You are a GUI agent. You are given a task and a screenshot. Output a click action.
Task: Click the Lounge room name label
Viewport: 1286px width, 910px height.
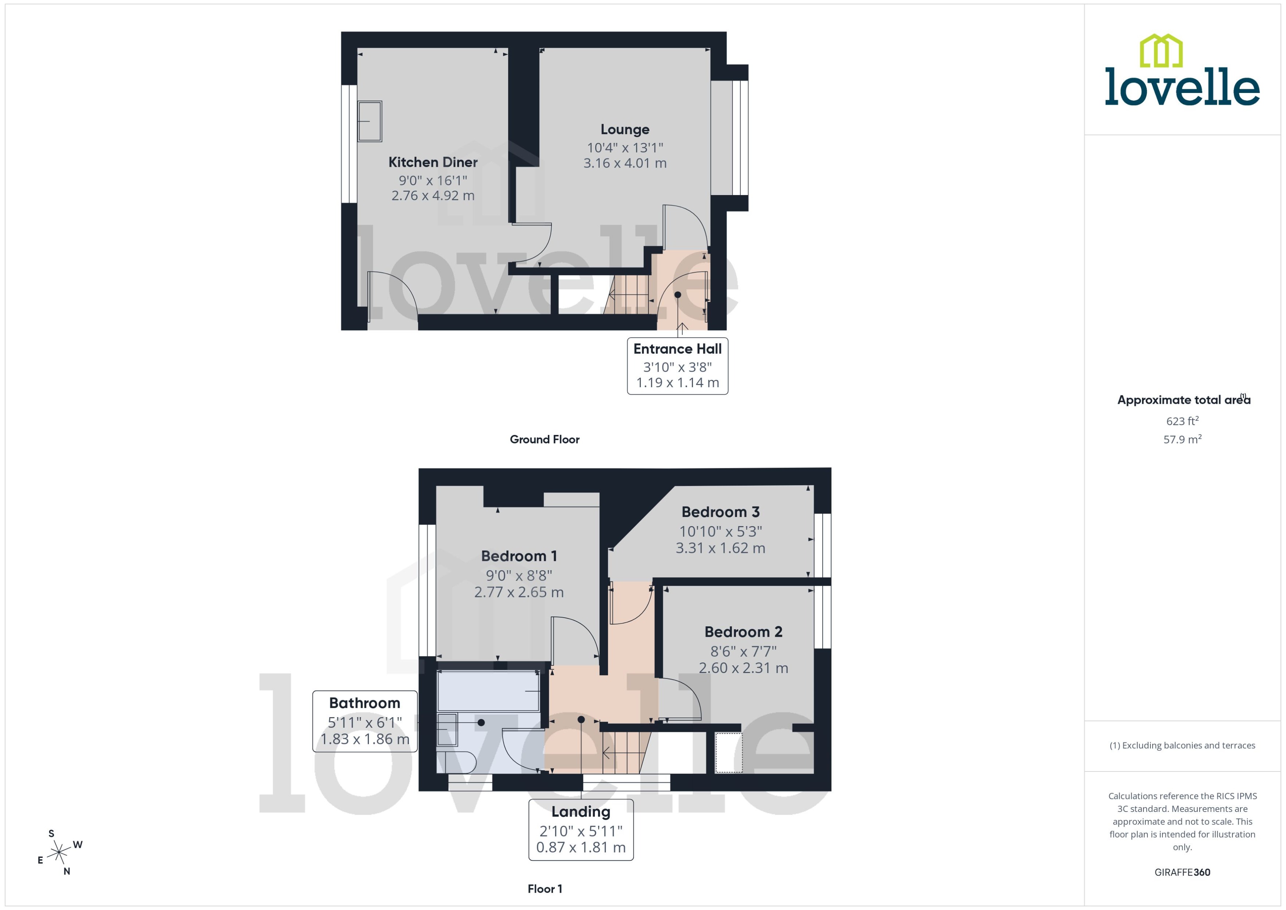click(625, 129)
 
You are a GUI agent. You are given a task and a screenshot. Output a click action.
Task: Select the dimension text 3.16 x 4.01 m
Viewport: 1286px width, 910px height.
click(625, 163)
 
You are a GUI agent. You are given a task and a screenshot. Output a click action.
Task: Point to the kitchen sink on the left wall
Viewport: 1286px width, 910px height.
click(370, 121)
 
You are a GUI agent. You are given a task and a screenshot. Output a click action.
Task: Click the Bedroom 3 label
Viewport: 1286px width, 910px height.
click(720, 512)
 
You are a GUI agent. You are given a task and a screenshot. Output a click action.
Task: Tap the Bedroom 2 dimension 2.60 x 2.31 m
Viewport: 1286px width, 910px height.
click(743, 668)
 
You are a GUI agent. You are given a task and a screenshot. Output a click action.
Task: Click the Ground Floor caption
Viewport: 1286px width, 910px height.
click(544, 439)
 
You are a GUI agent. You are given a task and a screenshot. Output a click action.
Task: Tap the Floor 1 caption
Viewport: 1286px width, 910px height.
click(544, 889)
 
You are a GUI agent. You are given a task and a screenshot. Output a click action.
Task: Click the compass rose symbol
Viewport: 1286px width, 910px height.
click(59, 853)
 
